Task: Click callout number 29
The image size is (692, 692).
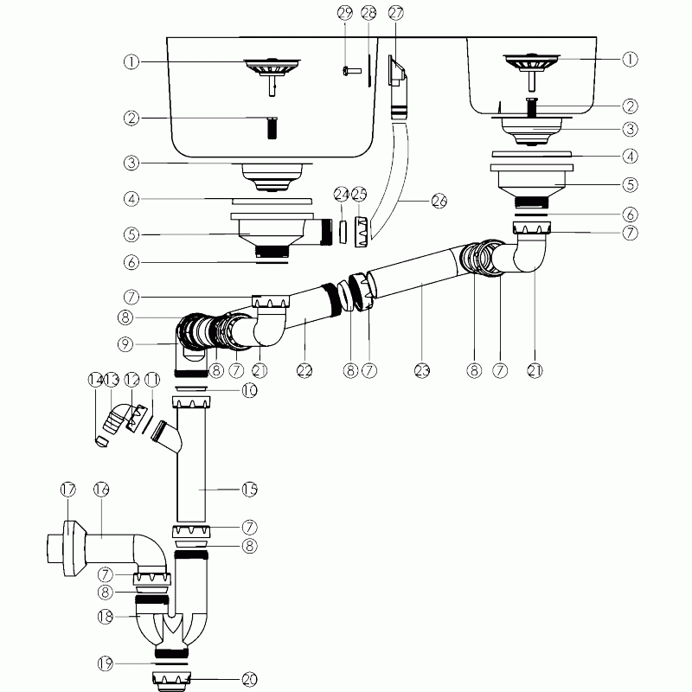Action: pyautogui.click(x=345, y=13)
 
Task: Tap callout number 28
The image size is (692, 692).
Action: pyautogui.click(x=368, y=13)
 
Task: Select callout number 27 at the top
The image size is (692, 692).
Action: pyautogui.click(x=396, y=13)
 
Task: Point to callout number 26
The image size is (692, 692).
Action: pyautogui.click(x=439, y=202)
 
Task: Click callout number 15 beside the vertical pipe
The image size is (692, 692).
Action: pyautogui.click(x=249, y=489)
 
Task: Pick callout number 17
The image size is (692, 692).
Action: pyautogui.click(x=68, y=490)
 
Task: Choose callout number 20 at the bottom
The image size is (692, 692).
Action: pyautogui.click(x=249, y=680)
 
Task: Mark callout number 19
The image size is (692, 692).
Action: pyautogui.click(x=105, y=663)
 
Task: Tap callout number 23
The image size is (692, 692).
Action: pyautogui.click(x=422, y=370)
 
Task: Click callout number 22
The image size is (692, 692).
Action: pyautogui.click(x=304, y=370)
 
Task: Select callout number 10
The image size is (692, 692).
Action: pyautogui.click(x=249, y=390)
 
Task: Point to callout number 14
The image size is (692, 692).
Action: pyautogui.click(x=95, y=380)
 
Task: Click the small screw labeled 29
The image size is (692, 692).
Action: pyautogui.click(x=352, y=70)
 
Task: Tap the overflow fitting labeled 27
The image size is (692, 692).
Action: pyautogui.click(x=396, y=72)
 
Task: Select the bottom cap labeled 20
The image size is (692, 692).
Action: pyautogui.click(x=172, y=682)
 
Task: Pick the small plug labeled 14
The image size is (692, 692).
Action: pyautogui.click(x=102, y=441)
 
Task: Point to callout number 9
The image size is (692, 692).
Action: pyautogui.click(x=125, y=344)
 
